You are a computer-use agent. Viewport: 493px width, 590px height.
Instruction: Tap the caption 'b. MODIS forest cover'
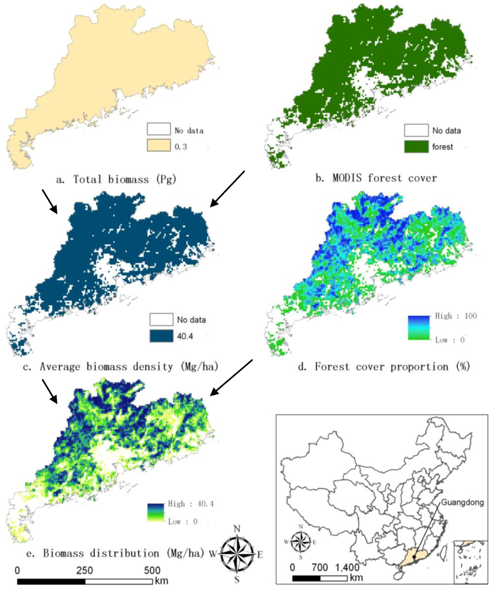[x=376, y=178]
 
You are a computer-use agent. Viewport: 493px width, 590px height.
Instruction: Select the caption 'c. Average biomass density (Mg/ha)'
[x=129, y=367]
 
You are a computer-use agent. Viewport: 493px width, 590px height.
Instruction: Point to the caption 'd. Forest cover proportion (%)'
[x=384, y=367]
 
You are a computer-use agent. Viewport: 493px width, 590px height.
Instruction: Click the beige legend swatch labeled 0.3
[x=159, y=145]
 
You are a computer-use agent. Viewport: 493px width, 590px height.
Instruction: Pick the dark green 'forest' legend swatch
[x=416, y=146]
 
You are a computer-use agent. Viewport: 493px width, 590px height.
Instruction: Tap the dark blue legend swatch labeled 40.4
[x=161, y=336]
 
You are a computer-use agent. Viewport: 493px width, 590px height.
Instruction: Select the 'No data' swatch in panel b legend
[x=416, y=130]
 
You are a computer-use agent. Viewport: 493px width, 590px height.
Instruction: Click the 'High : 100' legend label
[x=455, y=316]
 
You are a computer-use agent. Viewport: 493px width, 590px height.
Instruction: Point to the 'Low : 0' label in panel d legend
[x=450, y=340]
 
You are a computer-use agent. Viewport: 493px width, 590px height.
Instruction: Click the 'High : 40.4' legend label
[x=191, y=504]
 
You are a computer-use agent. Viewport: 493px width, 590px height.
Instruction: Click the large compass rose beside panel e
[x=237, y=553]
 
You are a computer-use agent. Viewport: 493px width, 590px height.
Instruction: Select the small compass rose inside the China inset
[x=301, y=542]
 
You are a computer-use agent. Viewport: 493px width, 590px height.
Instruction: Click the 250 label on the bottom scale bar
[x=85, y=570]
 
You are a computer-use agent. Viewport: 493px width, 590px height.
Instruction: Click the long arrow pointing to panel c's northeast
[x=228, y=189]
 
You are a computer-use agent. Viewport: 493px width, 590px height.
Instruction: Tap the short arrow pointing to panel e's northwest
[x=50, y=391]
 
